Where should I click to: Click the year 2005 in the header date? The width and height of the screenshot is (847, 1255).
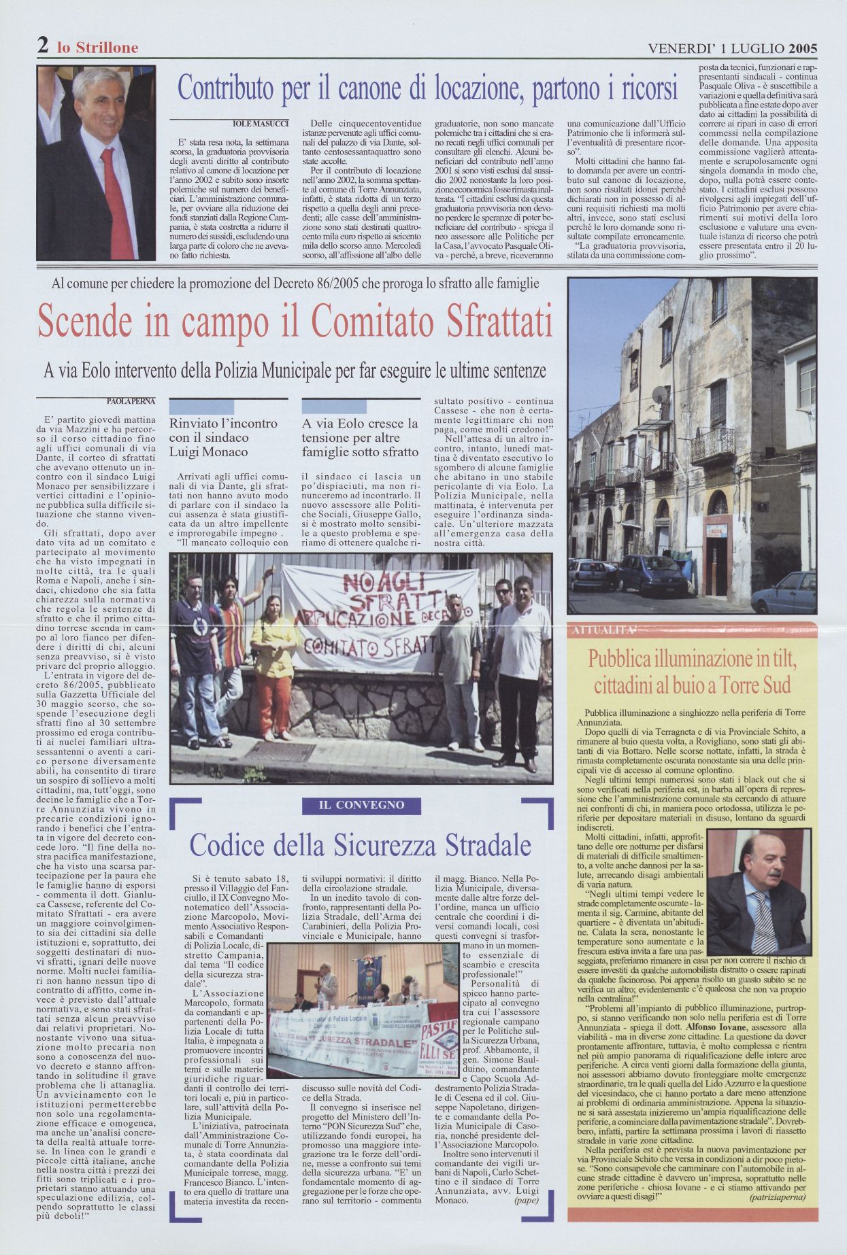pyautogui.click(x=803, y=48)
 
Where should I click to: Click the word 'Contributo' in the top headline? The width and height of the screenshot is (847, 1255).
pyautogui.click(x=233, y=88)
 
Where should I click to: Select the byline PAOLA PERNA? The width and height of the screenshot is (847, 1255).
pyautogui.click(x=131, y=401)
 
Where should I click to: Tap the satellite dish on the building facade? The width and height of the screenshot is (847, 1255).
pyautogui.click(x=659, y=394)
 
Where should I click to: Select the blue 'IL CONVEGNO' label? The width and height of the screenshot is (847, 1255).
pyautogui.click(x=361, y=805)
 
